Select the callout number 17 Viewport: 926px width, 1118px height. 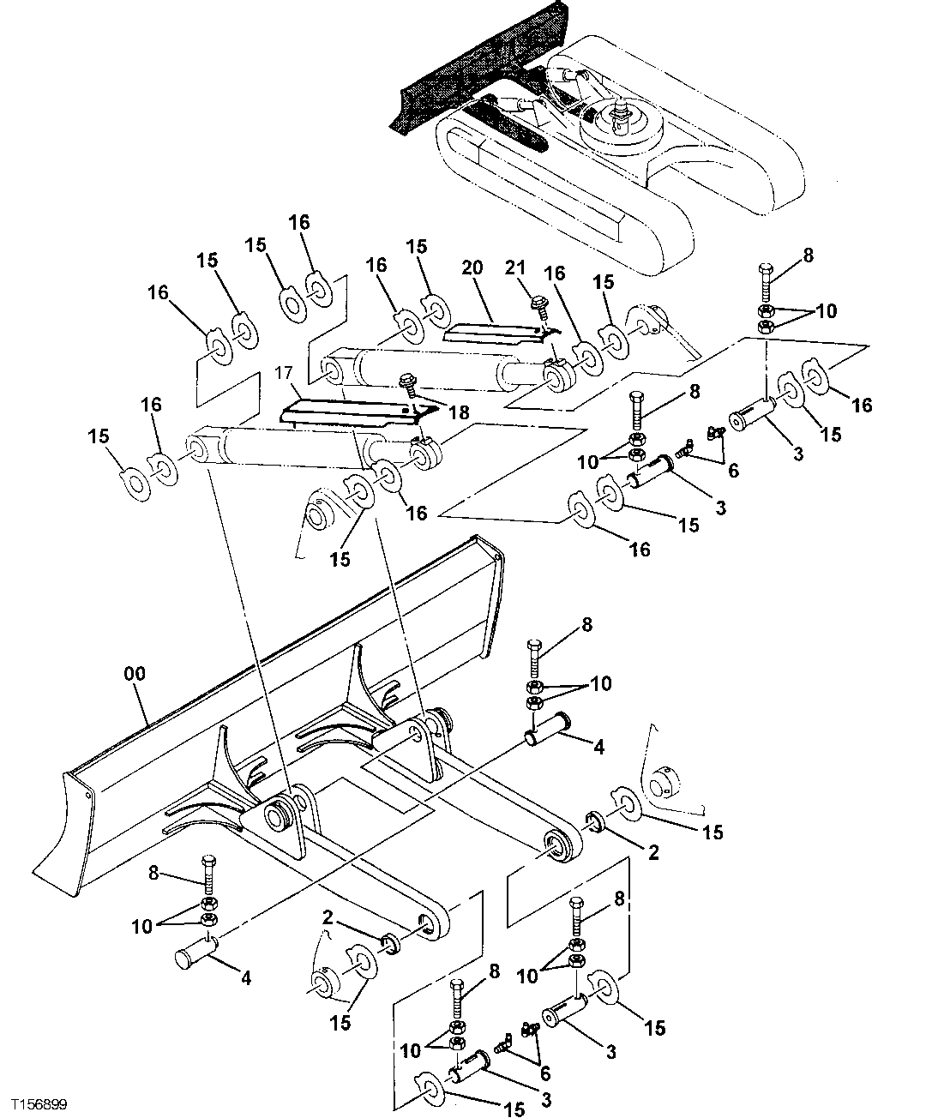[x=284, y=374]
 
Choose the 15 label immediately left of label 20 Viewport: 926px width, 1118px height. [x=416, y=247]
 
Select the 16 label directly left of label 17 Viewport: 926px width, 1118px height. [x=151, y=404]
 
